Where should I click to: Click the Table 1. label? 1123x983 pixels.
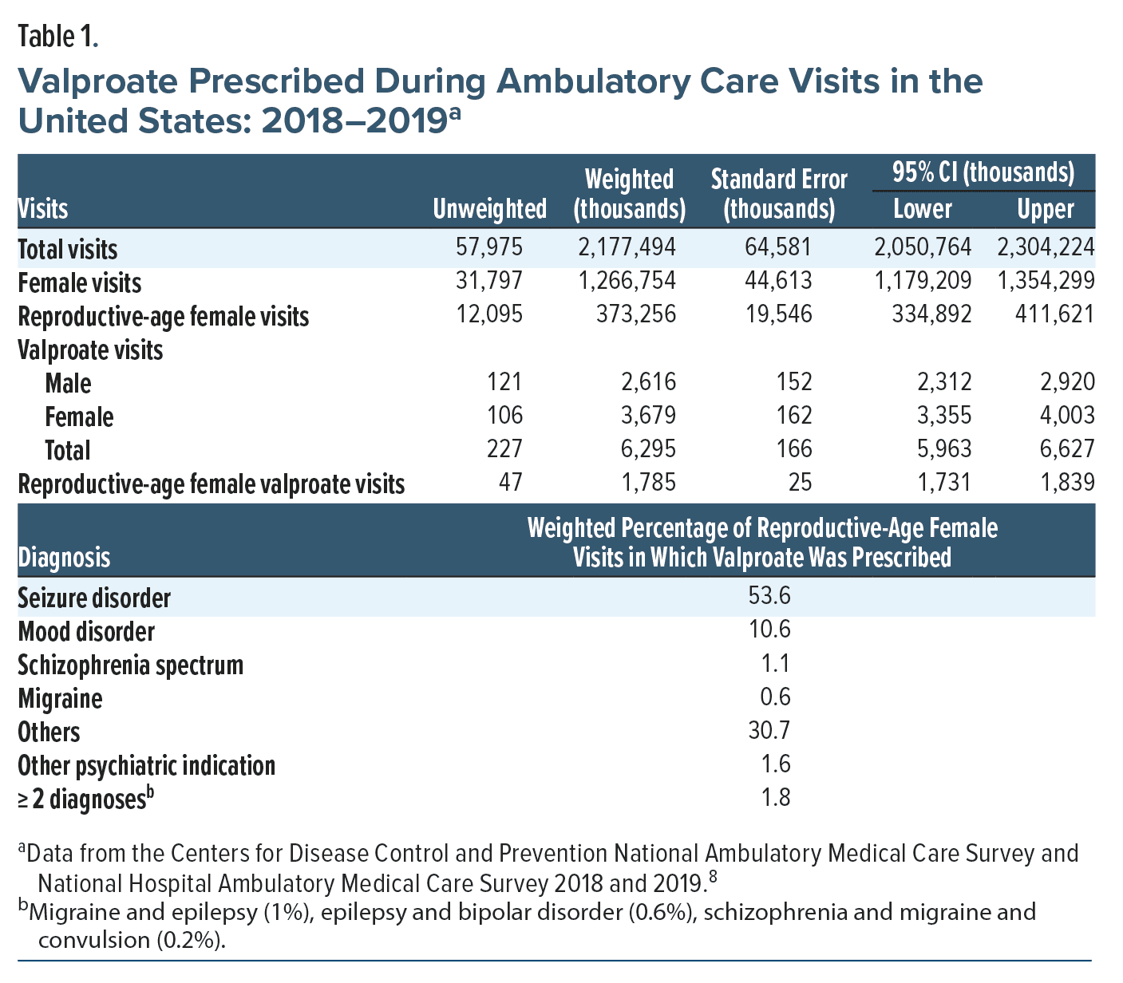click(x=57, y=37)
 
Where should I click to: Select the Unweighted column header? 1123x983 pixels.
click(x=489, y=209)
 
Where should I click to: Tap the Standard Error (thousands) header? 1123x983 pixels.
click(x=778, y=194)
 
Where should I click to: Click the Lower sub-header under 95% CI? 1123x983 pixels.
click(x=922, y=209)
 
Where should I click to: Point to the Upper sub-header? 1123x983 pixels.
click(x=1045, y=209)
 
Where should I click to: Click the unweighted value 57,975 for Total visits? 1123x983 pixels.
click(x=489, y=247)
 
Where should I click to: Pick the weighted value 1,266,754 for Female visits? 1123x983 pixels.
click(x=627, y=281)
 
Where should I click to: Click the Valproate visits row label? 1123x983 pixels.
click(x=90, y=350)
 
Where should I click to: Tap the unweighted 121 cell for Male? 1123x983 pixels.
click(x=504, y=382)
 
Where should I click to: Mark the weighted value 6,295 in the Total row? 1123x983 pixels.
click(x=648, y=449)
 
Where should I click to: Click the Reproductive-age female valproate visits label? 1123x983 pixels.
click(x=212, y=484)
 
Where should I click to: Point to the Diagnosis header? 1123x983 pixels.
click(x=65, y=557)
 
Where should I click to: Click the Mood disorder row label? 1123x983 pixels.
click(x=86, y=631)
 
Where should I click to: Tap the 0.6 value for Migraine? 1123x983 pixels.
click(x=775, y=698)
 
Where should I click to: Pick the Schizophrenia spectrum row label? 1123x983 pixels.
click(x=131, y=665)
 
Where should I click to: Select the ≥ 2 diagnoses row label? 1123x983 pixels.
click(x=85, y=799)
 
